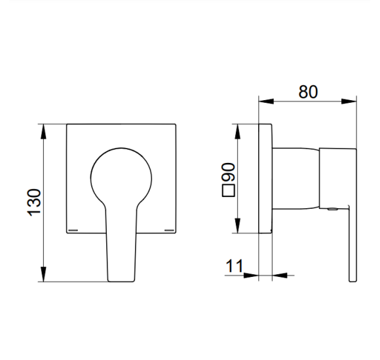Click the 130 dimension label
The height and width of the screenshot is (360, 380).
34,202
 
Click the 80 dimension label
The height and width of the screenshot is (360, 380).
308,92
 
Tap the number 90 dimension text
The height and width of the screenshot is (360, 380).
228,172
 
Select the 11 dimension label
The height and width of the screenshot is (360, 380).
234,266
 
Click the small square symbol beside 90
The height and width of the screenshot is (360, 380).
229,190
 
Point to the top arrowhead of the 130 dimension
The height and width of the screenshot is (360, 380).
43,132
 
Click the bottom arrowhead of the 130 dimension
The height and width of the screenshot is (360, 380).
43,274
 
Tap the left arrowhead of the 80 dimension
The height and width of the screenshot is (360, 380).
267,101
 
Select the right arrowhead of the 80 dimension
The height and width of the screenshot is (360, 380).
349,101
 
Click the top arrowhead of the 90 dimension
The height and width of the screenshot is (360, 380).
238,132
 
